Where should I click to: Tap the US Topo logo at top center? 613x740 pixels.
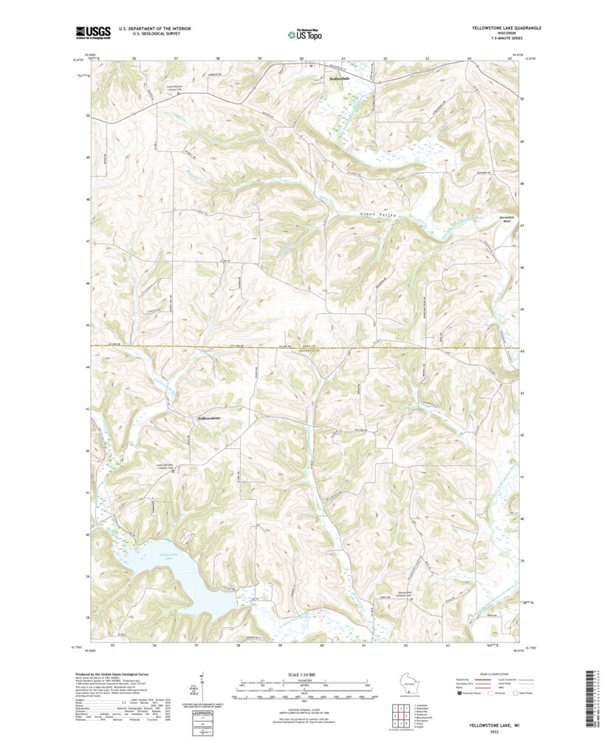[x=304, y=33]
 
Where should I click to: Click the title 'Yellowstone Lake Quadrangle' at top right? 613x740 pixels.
[x=506, y=27]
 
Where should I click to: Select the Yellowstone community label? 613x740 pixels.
[x=210, y=419]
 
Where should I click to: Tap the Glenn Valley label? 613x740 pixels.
[x=378, y=214]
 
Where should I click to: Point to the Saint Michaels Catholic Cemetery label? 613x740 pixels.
[x=167, y=466]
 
